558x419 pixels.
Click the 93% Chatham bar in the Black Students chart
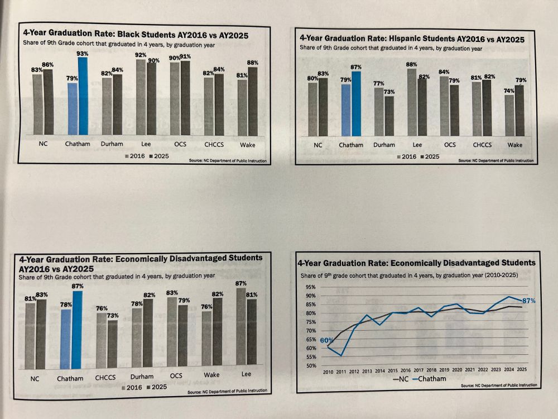83,95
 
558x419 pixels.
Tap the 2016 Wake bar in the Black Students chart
242,107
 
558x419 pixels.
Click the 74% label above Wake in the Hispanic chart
509,91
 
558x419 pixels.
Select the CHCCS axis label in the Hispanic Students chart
482,145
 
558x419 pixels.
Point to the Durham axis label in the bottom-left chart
142,378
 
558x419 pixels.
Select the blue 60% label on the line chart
327,340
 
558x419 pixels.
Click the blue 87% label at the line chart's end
528,301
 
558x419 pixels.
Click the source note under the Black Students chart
228,161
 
